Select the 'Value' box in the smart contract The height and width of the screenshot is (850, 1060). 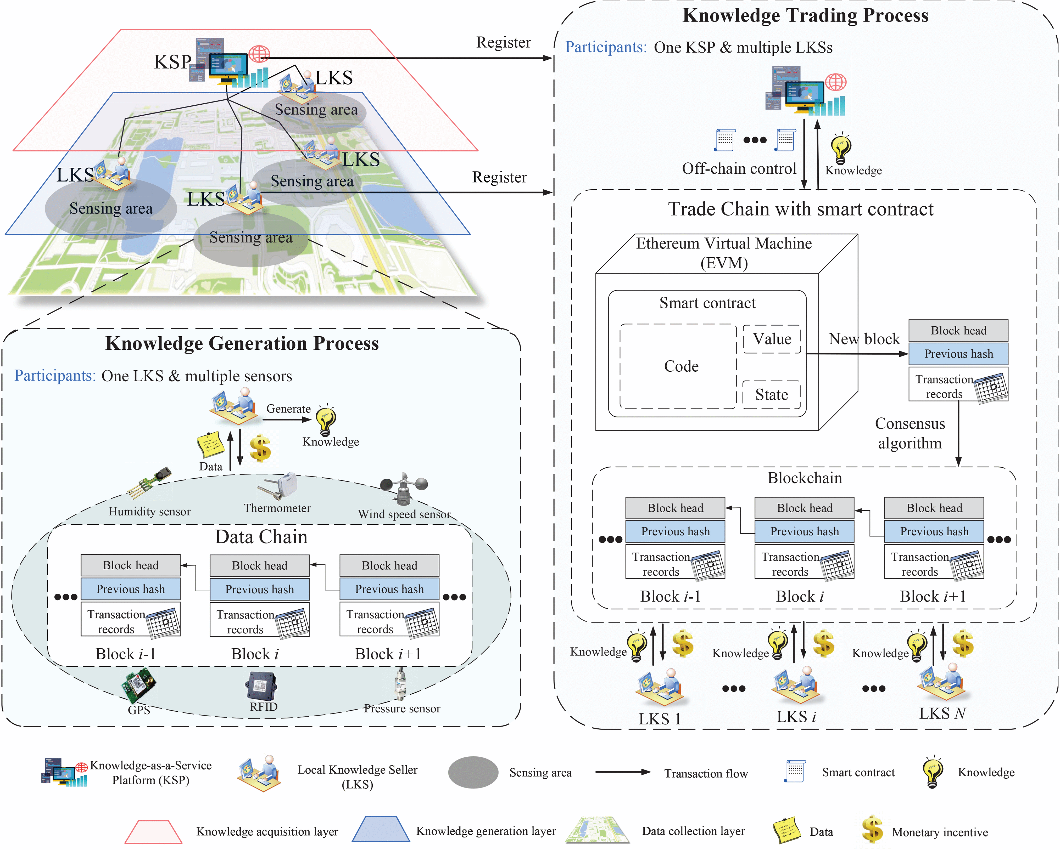(772, 339)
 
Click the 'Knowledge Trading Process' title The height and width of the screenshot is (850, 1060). (805, 16)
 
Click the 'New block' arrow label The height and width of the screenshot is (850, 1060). (864, 339)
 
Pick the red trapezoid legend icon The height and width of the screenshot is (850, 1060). (153, 831)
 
